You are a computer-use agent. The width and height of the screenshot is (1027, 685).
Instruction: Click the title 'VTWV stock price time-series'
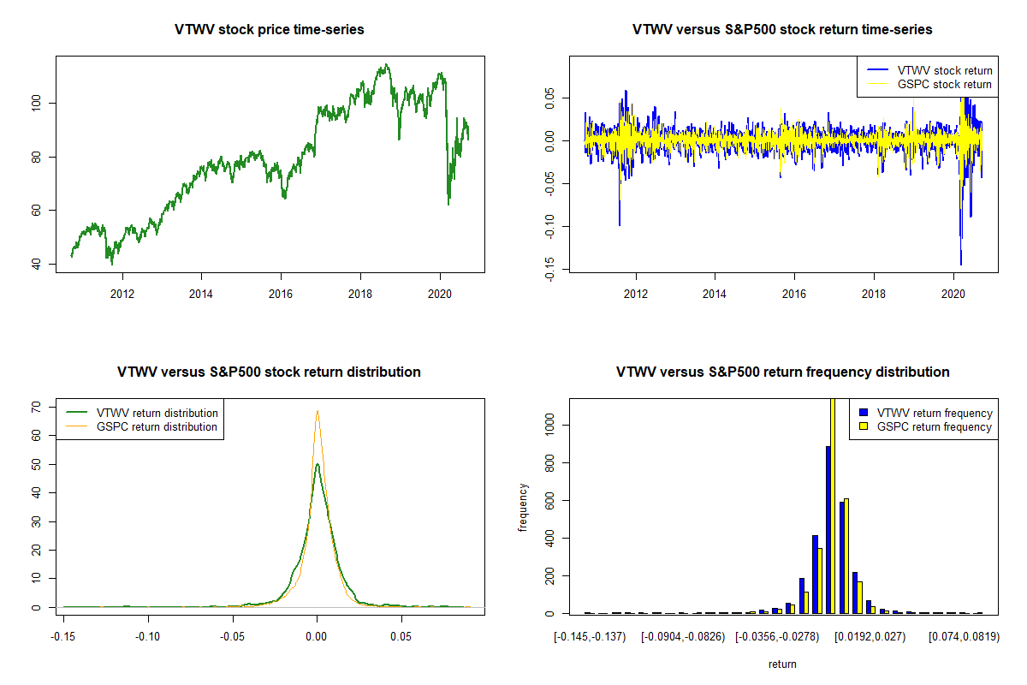[x=270, y=30]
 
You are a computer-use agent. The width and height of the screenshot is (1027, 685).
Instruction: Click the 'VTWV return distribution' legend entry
[x=157, y=413]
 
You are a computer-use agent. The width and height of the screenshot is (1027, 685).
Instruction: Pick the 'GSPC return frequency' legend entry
[x=935, y=426]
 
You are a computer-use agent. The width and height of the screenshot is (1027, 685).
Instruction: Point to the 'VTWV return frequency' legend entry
[x=935, y=413]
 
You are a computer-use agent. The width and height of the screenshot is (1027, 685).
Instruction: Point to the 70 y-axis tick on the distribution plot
[x=38, y=408]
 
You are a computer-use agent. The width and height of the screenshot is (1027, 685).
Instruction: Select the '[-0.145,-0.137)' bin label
[x=591, y=636]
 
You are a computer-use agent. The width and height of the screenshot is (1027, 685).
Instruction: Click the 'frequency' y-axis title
[x=523, y=507]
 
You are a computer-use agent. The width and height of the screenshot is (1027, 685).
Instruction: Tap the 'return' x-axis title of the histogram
[x=782, y=664]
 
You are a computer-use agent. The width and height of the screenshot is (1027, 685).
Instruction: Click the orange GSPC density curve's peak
[x=318, y=410]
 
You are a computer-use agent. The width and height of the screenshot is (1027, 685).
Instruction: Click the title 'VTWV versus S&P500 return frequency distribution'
[x=782, y=372]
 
